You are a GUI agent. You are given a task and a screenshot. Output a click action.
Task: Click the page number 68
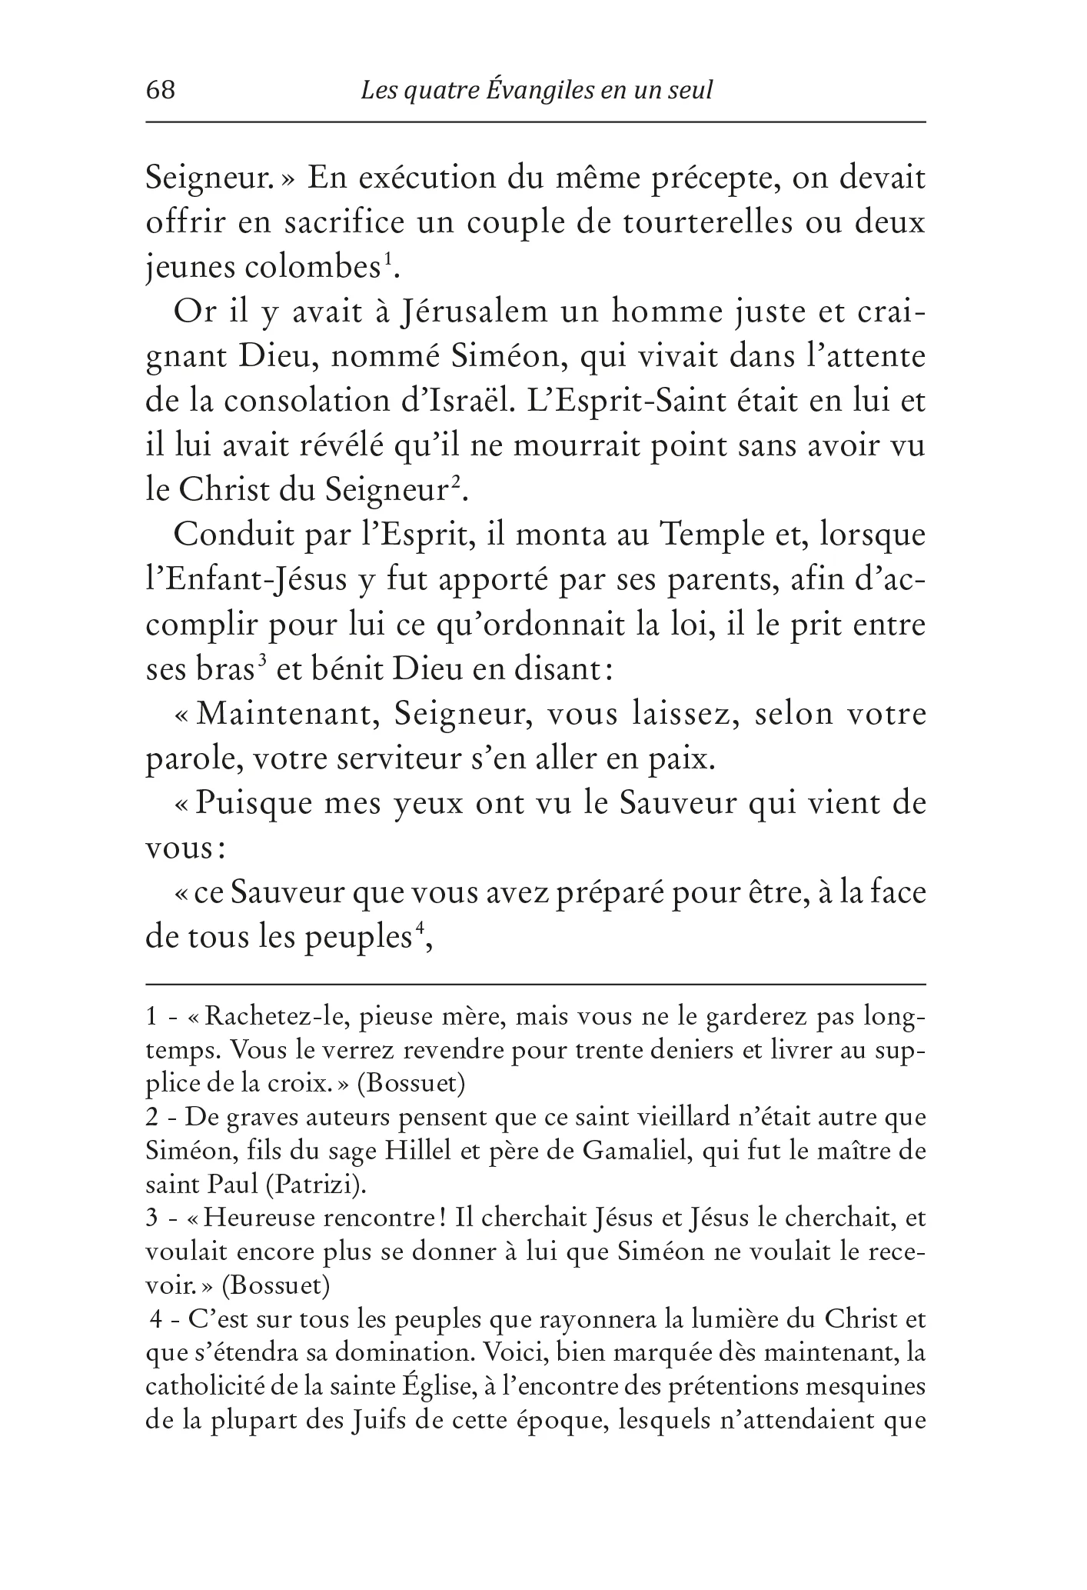(161, 91)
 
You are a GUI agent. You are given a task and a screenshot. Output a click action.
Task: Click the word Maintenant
(286, 714)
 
